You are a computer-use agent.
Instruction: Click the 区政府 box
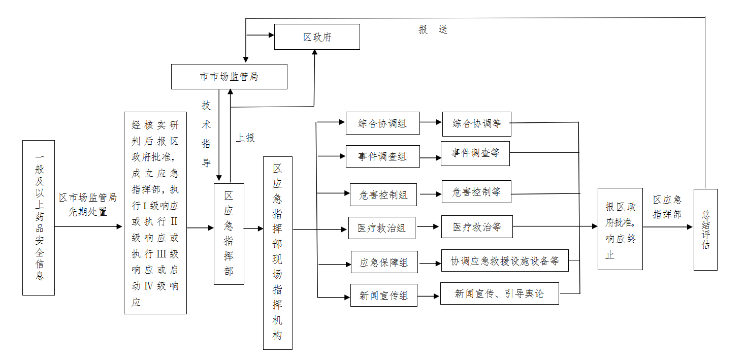[317, 37]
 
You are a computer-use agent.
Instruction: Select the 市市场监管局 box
[229, 77]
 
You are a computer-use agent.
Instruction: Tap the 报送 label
[433, 30]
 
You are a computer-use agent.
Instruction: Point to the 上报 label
[245, 138]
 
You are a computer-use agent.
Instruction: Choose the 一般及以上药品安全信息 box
[39, 218]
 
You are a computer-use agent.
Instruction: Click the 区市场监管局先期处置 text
[88, 205]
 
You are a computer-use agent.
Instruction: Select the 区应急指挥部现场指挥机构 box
[278, 253]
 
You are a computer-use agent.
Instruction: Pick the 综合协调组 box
[382, 123]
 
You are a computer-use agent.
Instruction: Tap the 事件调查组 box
[382, 156]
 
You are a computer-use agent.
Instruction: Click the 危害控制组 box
[383, 194]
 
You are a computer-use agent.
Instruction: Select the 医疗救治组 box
[381, 228]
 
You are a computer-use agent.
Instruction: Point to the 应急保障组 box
[384, 263]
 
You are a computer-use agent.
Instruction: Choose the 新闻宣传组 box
[383, 296]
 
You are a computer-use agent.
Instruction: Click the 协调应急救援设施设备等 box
[504, 261]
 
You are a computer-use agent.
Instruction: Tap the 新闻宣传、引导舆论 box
[499, 293]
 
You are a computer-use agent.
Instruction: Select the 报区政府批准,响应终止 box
[620, 229]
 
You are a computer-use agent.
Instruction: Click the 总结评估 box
[705, 230]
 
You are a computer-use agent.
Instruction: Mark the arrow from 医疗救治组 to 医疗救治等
[428, 227]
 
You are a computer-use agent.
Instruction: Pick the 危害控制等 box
[476, 192]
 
